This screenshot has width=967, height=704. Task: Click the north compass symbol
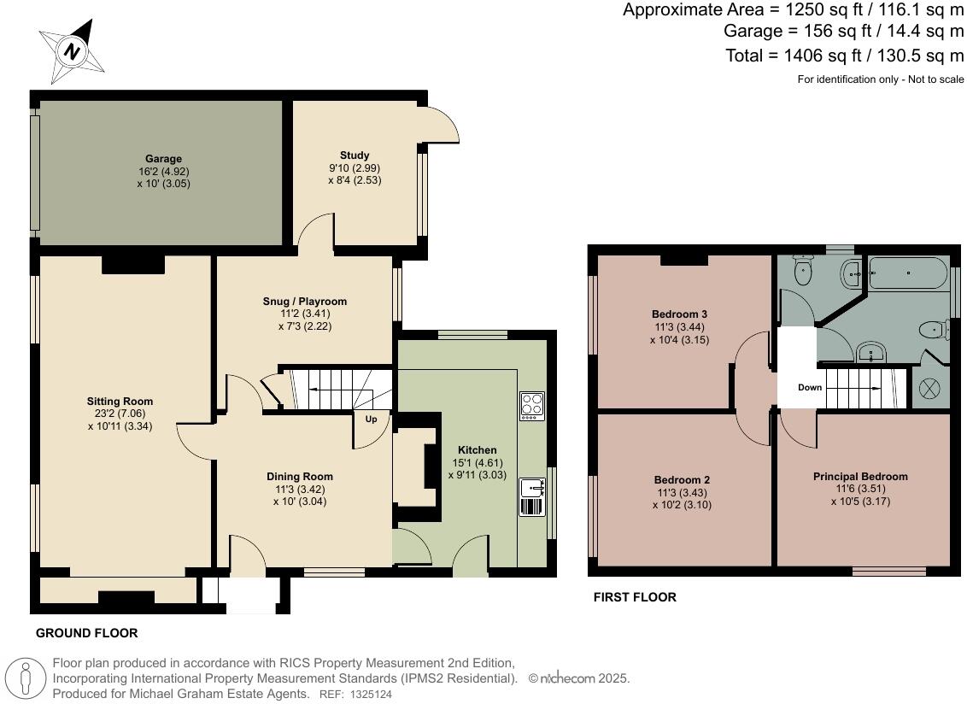coord(73,51)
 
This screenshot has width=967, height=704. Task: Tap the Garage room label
coord(163,159)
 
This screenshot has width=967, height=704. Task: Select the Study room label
coord(355,155)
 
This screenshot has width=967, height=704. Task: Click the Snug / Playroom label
coord(305,302)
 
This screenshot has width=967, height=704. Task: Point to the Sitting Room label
coord(120,401)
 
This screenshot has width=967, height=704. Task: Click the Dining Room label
coord(300,477)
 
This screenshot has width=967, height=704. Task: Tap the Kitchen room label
coord(477,450)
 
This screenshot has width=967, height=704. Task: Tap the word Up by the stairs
coord(371,420)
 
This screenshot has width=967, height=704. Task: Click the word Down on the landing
coord(810,388)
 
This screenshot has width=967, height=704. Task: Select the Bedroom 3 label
coord(680,314)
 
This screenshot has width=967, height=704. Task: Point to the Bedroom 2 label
coord(682,480)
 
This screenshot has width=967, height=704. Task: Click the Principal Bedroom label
coord(860,477)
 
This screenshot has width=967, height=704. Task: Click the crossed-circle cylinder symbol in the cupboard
coord(929,390)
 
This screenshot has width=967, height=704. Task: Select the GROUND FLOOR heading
coord(86,633)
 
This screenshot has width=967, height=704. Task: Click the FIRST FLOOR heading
coord(635,597)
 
